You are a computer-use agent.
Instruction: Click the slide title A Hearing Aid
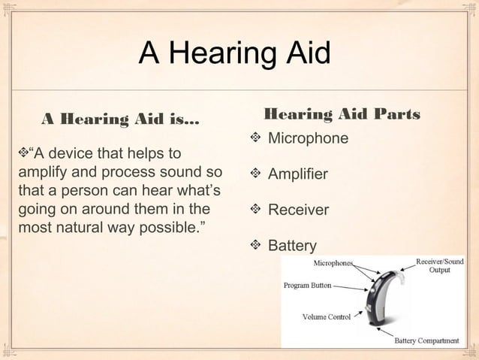pos(234,54)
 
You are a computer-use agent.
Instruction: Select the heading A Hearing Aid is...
pos(121,119)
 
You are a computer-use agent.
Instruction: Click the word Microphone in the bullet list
pos(308,139)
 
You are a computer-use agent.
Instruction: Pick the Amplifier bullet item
pos(298,174)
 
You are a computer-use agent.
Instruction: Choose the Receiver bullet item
pos(298,210)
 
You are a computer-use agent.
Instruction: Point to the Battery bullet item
pos(292,245)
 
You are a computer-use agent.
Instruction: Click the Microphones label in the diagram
pos(334,264)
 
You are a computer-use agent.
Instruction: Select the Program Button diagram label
pos(307,286)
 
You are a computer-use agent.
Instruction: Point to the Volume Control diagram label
pos(326,317)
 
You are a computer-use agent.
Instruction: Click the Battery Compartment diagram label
pos(427,340)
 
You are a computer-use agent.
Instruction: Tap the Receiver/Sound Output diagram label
pos(440,265)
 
